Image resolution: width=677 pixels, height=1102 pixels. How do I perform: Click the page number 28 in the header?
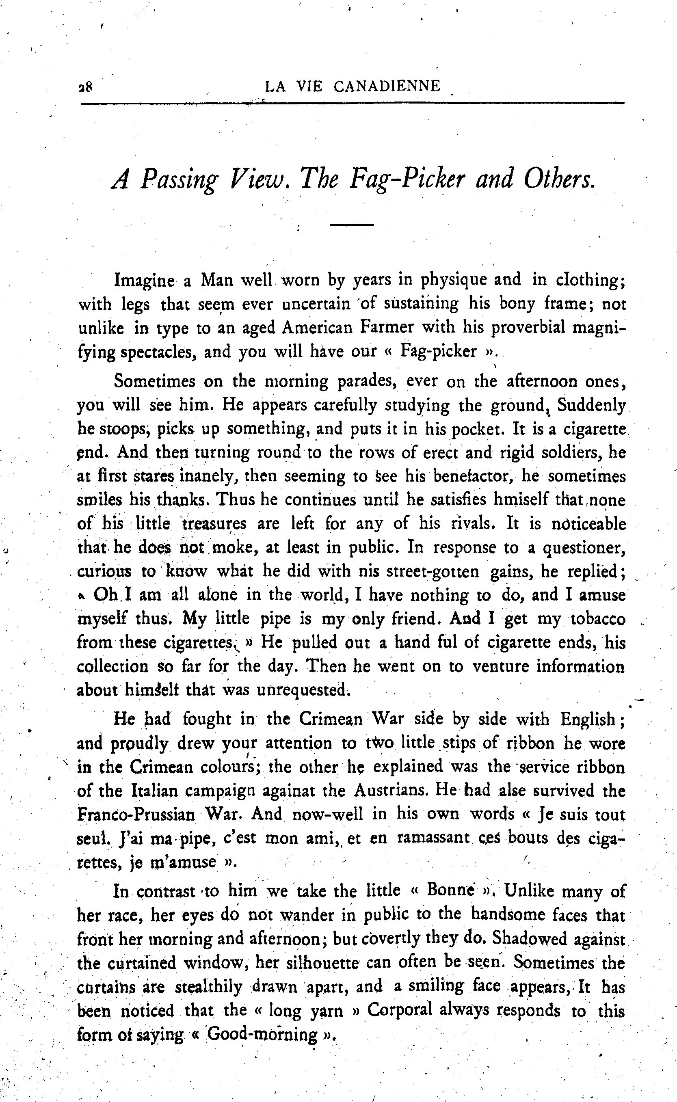click(84, 86)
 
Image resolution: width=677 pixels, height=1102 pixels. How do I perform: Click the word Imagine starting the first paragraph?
click(144, 281)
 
